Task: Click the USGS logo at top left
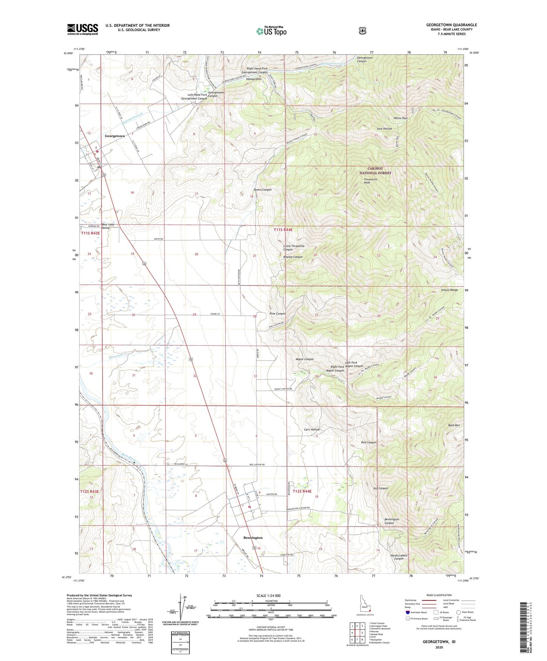click(x=83, y=29)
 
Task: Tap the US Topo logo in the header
click(x=271, y=31)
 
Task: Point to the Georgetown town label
click(x=115, y=136)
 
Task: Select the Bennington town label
click(x=252, y=538)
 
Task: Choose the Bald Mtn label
click(x=453, y=426)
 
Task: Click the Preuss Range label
click(x=449, y=290)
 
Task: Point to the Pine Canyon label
click(x=277, y=314)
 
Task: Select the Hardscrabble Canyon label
click(x=399, y=557)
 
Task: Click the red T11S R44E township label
click(x=283, y=230)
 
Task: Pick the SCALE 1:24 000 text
click(x=268, y=596)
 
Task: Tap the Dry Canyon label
click(x=380, y=488)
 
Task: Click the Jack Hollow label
click(x=384, y=129)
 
